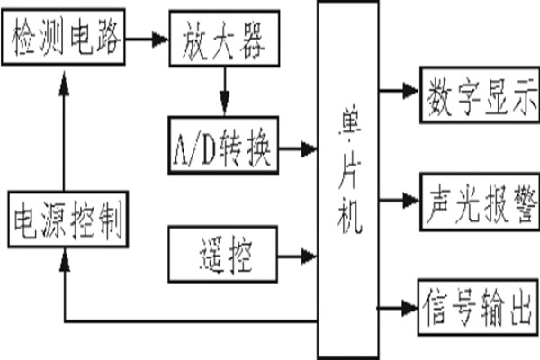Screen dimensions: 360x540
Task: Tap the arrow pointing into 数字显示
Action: (x=396, y=93)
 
